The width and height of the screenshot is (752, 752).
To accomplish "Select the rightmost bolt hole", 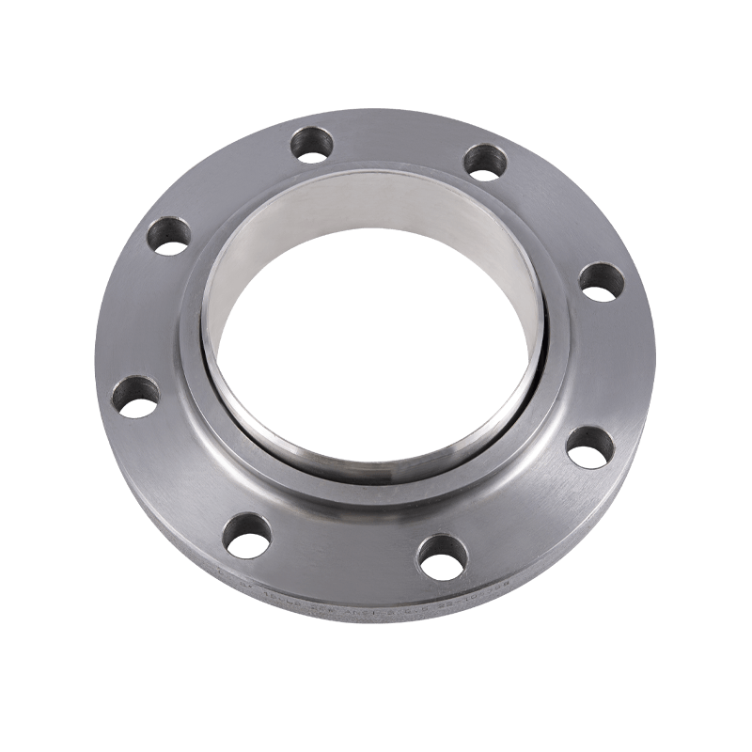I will tap(601, 281).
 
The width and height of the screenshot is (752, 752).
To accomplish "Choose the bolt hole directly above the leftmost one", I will tap(169, 236).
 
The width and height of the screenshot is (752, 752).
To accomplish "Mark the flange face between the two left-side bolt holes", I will tap(141, 315).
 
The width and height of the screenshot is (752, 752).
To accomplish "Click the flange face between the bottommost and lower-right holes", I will tap(522, 512).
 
